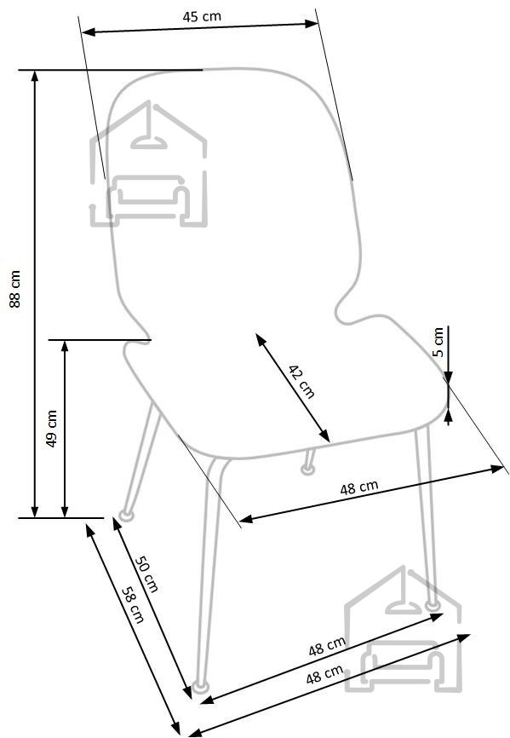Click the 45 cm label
tap(202, 16)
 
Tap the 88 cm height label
tap(15, 289)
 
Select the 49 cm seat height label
tap(52, 429)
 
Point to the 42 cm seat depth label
tap(301, 382)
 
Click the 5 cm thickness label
tap(438, 342)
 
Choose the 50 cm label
tap(146, 574)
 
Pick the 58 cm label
tap(133, 605)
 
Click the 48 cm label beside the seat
tap(359, 487)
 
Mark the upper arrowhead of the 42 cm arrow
tap(260, 338)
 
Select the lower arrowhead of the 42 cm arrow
tap(324, 436)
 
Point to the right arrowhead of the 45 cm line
tap(312, 23)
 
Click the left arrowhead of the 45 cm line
tap(89, 32)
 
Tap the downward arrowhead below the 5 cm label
tap(449, 377)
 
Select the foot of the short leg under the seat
tap(308, 469)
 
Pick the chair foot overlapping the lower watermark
tap(432, 605)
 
